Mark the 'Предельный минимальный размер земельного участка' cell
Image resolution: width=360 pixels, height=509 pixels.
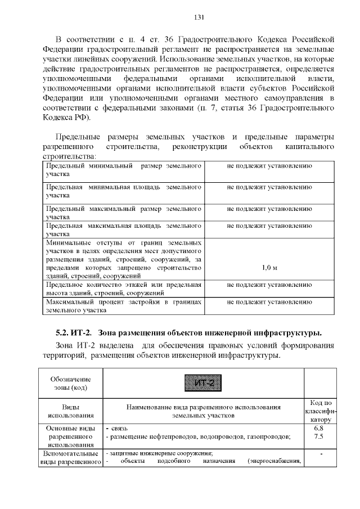click(x=123, y=170)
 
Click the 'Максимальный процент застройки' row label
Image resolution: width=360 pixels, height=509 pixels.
click(x=123, y=306)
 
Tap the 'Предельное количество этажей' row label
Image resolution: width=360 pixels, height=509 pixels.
click(x=123, y=289)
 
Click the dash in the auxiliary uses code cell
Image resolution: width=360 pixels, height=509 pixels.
click(x=319, y=453)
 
